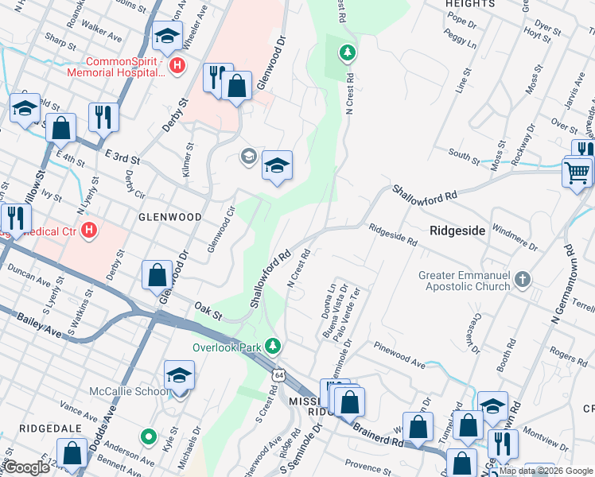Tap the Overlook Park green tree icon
[x=273, y=345]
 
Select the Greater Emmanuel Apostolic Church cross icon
[x=522, y=279]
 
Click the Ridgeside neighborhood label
[x=457, y=230]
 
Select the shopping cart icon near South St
[x=577, y=171]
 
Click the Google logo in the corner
[x=27, y=467]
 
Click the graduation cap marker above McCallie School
[x=180, y=375]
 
